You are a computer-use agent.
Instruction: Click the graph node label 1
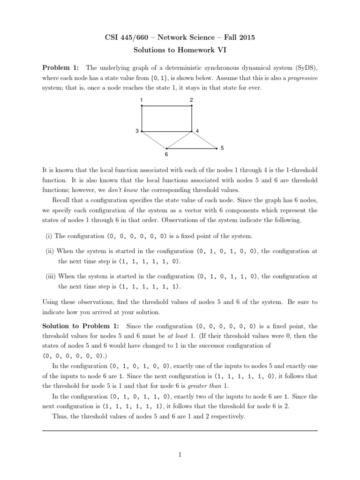click(141, 100)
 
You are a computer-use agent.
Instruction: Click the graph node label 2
click(191, 100)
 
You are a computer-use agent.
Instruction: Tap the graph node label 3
click(137, 131)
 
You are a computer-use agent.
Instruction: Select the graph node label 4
click(198, 131)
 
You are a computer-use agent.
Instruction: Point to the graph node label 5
click(222, 148)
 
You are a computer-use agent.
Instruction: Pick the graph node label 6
click(166, 154)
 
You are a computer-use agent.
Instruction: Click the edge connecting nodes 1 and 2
click(166, 106)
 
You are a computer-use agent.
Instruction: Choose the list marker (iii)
click(50, 277)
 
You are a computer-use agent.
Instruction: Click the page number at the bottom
click(180, 454)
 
